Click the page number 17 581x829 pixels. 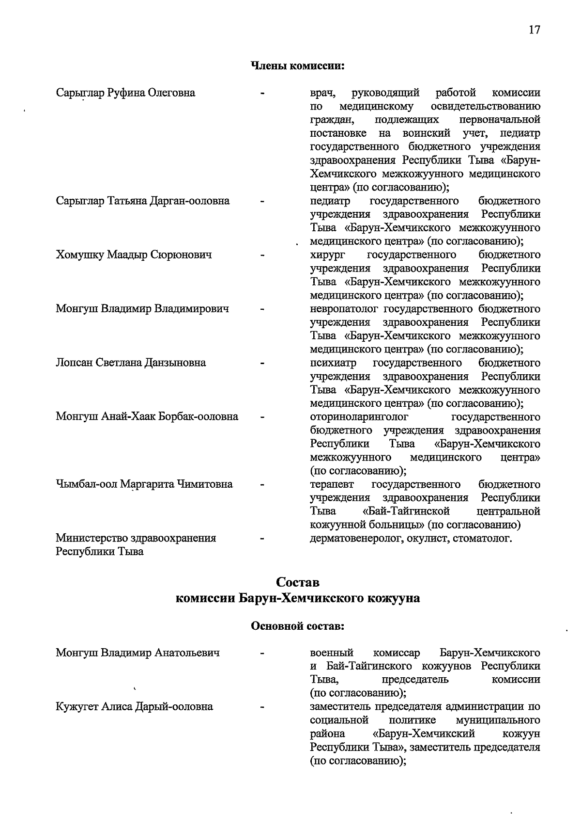[534, 30]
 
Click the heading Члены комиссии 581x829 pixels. [297, 65]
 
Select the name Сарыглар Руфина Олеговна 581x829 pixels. [125, 93]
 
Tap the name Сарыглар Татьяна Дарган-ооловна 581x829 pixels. [142, 201]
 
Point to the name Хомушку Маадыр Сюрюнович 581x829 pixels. [134, 255]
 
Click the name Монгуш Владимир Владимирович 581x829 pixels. [142, 309]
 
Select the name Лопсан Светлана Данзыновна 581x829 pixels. [131, 363]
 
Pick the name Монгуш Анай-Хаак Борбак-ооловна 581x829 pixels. [147, 416]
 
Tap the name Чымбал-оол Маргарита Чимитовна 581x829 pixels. [144, 484]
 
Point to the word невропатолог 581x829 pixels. [343, 309]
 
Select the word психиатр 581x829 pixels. [333, 363]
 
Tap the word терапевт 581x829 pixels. [332, 484]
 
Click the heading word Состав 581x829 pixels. [297, 582]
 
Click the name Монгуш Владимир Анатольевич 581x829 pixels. [138, 653]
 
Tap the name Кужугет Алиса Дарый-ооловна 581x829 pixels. [134, 706]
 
